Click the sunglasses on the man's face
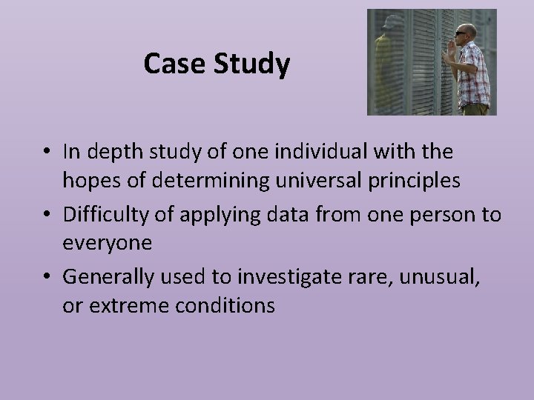[463, 33]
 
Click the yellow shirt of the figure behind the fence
[389, 70]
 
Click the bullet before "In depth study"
[46, 153]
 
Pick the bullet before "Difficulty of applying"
[46, 215]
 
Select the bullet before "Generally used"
[46, 277]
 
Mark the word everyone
[107, 242]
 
